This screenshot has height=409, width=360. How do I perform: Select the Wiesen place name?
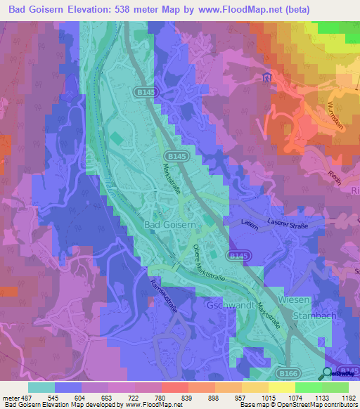pyautogui.click(x=293, y=299)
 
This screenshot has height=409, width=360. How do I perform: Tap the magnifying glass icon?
pyautogui.click(x=328, y=372)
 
